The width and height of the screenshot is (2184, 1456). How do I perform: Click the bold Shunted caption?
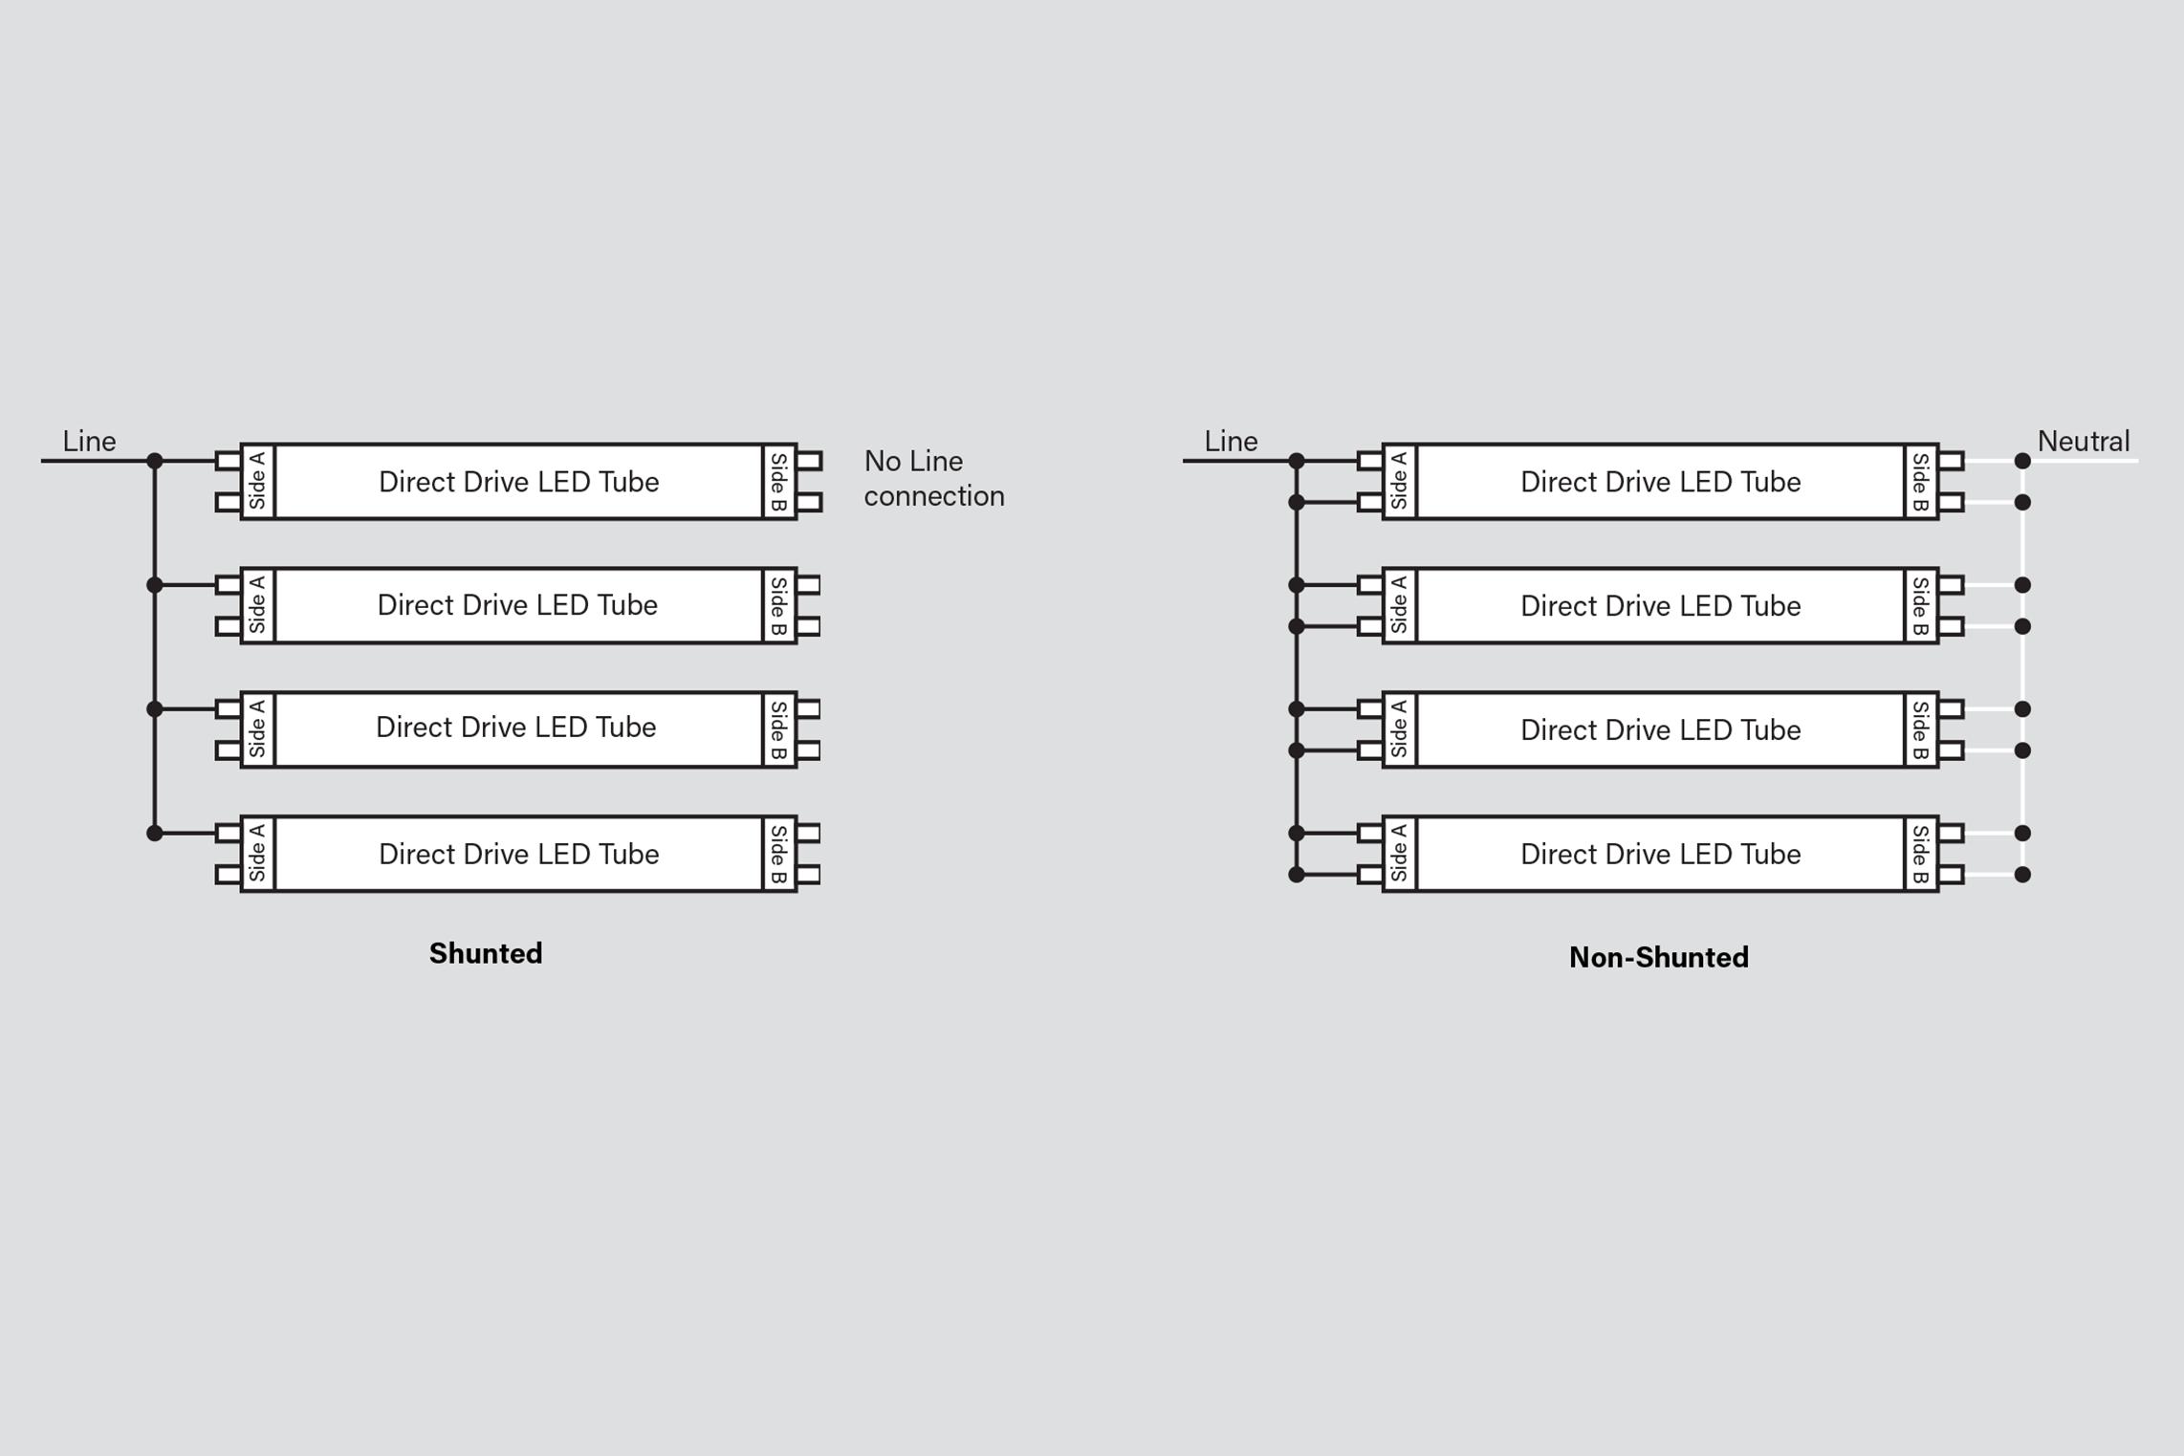486,953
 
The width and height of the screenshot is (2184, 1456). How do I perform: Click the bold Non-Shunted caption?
1659,957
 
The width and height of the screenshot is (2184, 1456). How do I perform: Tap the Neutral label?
2084,441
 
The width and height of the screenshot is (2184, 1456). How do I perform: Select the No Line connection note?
934,478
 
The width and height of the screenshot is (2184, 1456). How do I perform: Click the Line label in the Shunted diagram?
89,441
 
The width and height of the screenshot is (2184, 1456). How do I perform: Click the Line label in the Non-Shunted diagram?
1231,441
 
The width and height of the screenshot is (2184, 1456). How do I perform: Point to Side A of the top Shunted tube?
257,481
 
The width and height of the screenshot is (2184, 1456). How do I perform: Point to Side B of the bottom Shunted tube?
779,854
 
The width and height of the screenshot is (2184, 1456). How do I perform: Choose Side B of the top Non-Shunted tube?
1921,481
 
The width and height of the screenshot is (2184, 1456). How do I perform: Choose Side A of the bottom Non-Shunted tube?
1399,854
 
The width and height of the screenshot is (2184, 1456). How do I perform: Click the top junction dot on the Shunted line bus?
155,461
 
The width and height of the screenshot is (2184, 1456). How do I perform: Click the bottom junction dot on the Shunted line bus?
155,834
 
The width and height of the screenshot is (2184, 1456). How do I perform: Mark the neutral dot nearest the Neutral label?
2022,461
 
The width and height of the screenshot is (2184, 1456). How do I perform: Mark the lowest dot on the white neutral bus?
2022,875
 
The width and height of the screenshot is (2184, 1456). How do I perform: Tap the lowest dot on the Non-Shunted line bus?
1297,875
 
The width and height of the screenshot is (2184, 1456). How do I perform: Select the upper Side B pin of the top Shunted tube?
809,461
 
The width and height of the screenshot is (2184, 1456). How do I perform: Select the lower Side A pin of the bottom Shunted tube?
229,875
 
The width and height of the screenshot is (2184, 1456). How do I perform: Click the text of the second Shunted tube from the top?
517,604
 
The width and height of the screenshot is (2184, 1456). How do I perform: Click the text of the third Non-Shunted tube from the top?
1661,729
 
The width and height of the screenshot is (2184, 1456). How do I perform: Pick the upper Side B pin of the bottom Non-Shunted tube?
1951,834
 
